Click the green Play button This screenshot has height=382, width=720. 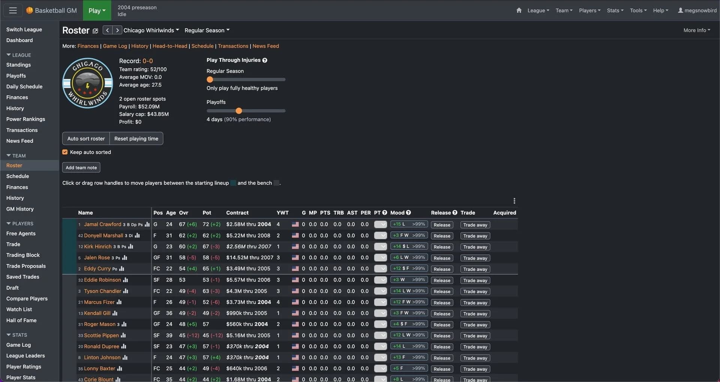click(97, 11)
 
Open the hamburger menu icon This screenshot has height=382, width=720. click(13, 11)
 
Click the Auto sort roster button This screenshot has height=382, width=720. click(86, 139)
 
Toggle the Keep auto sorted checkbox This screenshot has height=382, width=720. click(65, 152)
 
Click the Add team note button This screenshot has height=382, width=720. click(81, 168)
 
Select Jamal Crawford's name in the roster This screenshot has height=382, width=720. click(102, 224)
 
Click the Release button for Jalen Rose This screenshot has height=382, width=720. click(442, 258)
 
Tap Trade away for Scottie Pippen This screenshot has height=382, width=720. click(475, 336)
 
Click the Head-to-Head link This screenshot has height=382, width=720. click(169, 46)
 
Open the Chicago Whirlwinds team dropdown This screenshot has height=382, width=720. click(151, 30)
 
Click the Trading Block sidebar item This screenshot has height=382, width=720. click(23, 255)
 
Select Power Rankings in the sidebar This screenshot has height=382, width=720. click(25, 119)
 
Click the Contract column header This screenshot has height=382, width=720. click(237, 213)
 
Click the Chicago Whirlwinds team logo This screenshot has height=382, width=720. click(87, 83)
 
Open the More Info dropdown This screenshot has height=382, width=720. click(696, 30)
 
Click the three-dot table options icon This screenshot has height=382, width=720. click(514, 201)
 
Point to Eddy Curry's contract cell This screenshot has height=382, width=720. click(248, 269)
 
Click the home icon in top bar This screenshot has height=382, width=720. click(519, 11)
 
